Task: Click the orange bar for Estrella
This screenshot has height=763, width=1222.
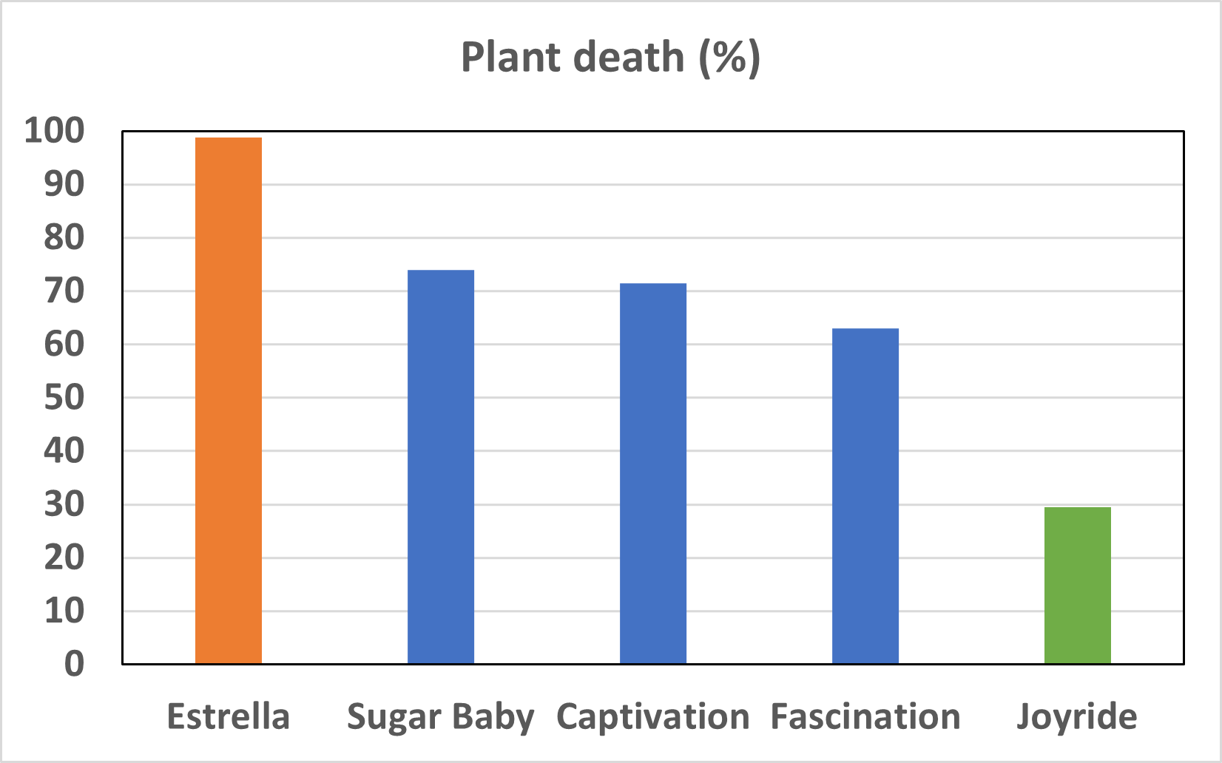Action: coord(229,400)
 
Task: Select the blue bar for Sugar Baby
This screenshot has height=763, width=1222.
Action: coord(441,467)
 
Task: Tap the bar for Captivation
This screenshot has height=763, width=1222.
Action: coord(653,473)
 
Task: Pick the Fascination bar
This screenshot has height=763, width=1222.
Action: coord(865,495)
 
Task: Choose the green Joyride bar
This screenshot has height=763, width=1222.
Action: coord(1078,585)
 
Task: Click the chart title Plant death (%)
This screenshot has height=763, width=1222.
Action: coord(610,57)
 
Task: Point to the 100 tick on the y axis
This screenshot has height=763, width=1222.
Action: coord(55,131)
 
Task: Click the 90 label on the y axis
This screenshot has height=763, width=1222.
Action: coord(64,184)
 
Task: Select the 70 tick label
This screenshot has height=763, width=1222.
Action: coord(64,291)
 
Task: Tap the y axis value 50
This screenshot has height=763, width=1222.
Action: coord(64,398)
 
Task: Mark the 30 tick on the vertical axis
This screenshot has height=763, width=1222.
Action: coord(64,505)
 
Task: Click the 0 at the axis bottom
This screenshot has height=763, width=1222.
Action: coord(74,664)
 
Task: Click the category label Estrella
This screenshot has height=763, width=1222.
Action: coord(229,716)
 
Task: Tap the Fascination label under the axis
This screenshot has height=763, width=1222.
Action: coord(865,716)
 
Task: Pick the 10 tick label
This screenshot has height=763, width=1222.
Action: coord(64,611)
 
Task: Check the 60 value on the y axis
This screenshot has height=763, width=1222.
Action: coord(64,345)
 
